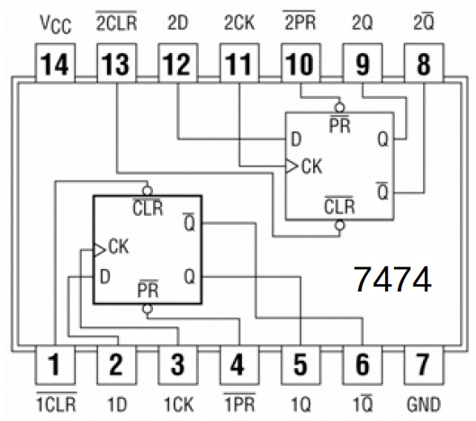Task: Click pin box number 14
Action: [x=55, y=63]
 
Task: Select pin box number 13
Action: [x=116, y=63]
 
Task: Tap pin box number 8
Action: [x=421, y=63]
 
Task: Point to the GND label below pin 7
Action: [x=421, y=401]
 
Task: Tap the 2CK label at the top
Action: [x=238, y=20]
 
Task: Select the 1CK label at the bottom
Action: [x=176, y=401]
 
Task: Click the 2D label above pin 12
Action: [x=176, y=20]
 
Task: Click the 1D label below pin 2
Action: [x=115, y=401]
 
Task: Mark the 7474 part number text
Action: [x=393, y=278]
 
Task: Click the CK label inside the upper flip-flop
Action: [x=311, y=166]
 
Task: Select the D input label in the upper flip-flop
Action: [x=295, y=139]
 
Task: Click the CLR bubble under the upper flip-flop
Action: [x=338, y=226]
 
